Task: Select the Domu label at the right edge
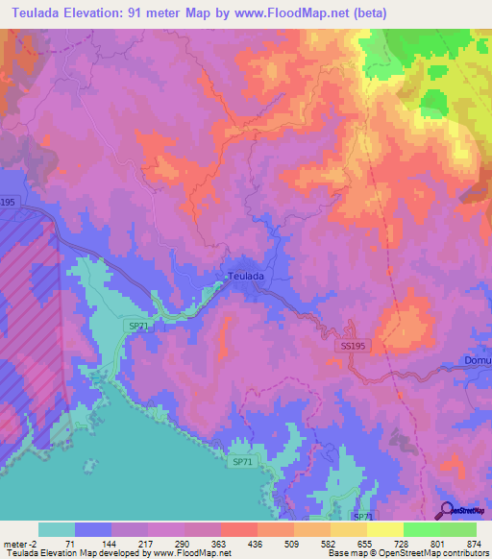[477, 361]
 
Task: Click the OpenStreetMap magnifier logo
[447, 511]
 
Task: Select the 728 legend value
[403, 543]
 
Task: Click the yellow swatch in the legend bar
[384, 529]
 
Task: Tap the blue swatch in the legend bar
[92, 529]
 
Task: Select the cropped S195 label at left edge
[8, 202]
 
